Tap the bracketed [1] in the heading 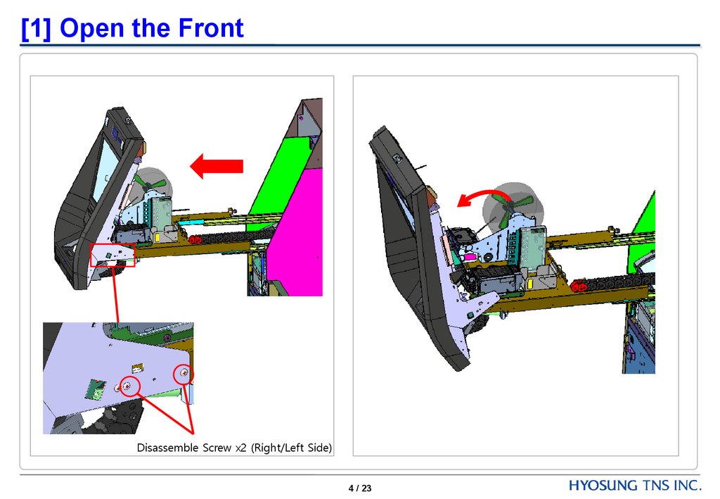36,29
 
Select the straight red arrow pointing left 217,166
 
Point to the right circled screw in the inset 184,374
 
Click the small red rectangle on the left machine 112,255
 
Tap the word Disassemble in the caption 167,447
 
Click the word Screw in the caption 217,448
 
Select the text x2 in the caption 241,448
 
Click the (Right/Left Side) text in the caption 291,448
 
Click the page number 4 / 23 360,488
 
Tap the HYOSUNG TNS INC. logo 635,485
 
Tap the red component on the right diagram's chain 579,286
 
